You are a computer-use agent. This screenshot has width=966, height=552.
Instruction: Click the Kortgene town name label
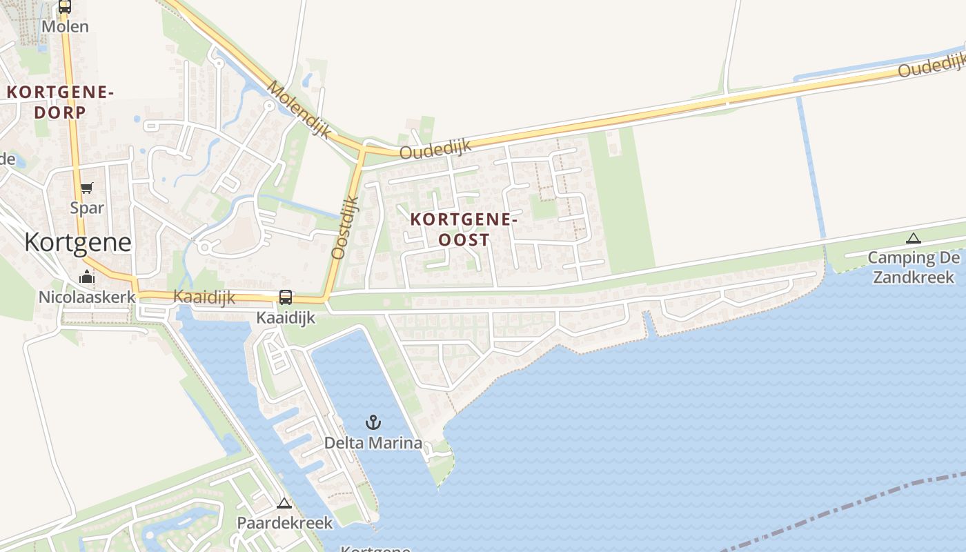point(77,242)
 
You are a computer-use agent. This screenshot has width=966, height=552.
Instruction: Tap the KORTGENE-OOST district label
point(464,230)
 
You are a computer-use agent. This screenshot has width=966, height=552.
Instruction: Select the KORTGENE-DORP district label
point(60,101)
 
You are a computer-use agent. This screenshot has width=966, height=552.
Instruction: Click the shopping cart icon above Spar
point(86,188)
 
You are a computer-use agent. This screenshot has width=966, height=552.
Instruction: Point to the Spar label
point(87,208)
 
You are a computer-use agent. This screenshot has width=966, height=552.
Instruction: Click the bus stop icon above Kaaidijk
point(285,297)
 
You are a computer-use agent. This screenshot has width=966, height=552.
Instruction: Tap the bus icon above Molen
point(65,7)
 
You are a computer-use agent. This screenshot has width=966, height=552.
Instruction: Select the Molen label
point(65,27)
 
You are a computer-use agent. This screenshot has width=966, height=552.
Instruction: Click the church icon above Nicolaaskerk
point(87,277)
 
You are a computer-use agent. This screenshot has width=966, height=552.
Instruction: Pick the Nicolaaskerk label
point(87,297)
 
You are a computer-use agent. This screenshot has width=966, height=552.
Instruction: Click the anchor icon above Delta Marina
point(373,422)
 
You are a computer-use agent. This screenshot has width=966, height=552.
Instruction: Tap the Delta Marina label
point(373,443)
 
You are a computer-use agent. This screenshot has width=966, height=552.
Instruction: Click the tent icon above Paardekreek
point(284,503)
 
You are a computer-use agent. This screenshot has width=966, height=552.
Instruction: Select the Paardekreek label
point(284,523)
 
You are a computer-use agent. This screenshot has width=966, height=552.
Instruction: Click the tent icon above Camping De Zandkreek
point(914,239)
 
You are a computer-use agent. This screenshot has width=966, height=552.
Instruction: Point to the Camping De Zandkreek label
point(914,268)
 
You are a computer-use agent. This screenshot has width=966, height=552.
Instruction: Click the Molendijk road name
point(299,109)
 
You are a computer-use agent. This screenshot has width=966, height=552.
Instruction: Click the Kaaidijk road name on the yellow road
point(204,297)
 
